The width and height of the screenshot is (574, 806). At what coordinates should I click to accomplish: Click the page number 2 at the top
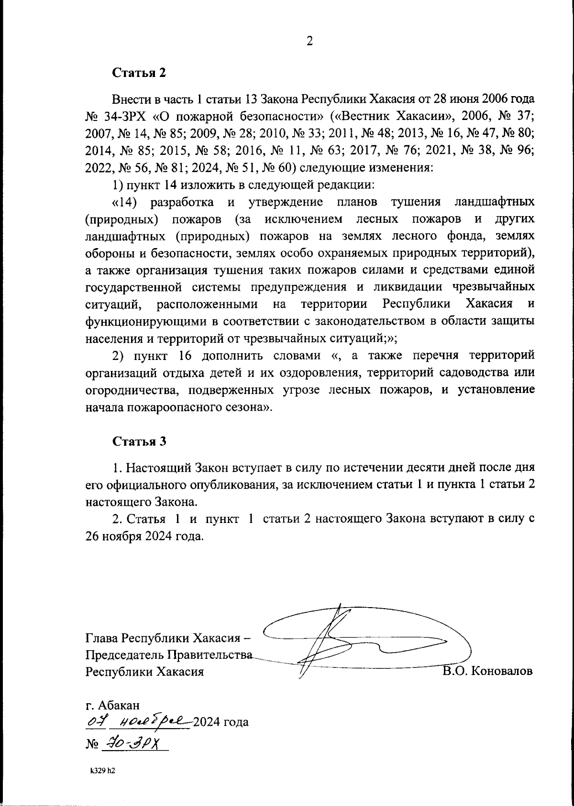tap(309, 42)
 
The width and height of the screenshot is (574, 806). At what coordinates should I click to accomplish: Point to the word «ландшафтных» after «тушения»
tap(494, 202)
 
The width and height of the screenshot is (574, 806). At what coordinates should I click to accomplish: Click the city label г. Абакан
tap(112, 705)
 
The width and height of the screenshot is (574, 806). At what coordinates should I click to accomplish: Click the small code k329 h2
tap(103, 771)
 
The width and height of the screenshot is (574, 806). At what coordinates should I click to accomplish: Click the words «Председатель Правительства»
tap(168, 654)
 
